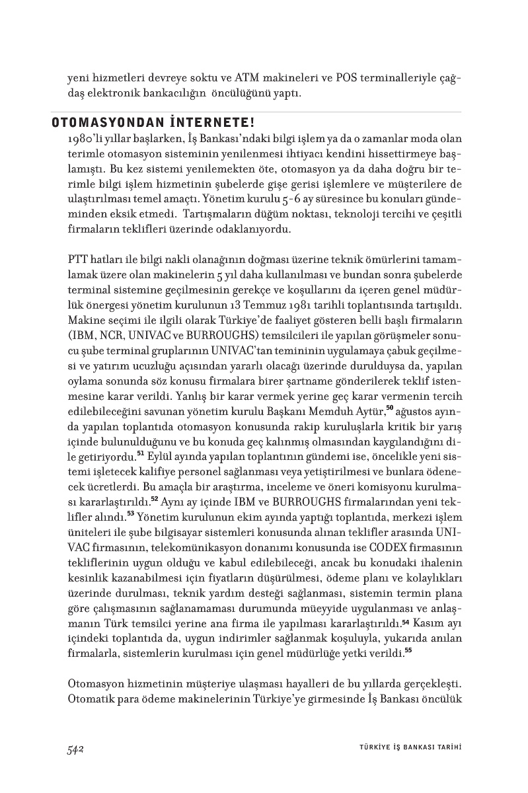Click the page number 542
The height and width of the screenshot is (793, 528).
(78, 749)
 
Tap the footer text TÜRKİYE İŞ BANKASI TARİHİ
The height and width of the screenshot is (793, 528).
(405, 748)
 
